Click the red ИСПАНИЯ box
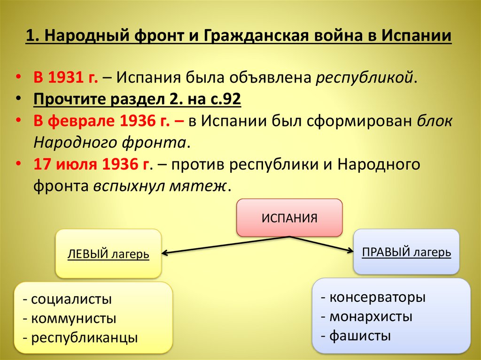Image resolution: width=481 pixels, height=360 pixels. coord(289,218)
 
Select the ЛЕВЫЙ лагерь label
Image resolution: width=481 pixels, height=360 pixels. coord(109,254)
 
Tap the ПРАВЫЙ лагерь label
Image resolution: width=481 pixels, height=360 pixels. coord(406,252)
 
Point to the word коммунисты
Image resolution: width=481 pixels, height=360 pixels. coord(74,319)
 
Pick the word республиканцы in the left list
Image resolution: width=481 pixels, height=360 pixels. coord(85,337)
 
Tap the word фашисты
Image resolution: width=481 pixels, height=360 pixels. coord(360,336)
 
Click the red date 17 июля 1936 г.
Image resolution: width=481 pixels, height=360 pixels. coord(91,164)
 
